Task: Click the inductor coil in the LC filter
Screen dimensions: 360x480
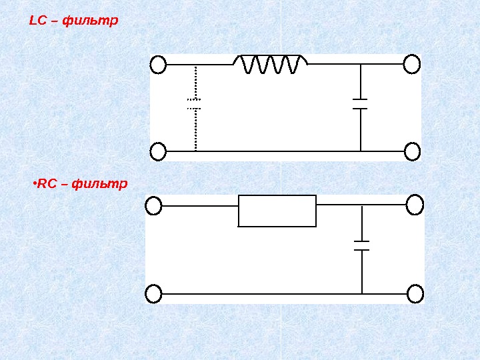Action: tap(270, 64)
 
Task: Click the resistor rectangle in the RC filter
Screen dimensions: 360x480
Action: tap(277, 211)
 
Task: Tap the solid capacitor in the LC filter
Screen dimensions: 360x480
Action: tap(360, 103)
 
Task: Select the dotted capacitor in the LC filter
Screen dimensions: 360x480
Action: tap(195, 103)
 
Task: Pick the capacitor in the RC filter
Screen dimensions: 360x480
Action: tap(361, 245)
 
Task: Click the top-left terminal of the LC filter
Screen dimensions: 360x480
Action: tap(158, 65)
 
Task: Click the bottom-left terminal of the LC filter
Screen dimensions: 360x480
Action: tap(158, 152)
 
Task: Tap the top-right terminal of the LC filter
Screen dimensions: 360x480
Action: tap(412, 65)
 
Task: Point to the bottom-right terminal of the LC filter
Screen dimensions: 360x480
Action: tap(412, 152)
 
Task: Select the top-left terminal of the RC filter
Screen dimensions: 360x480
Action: tap(154, 206)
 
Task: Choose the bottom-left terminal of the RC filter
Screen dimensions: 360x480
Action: tap(154, 293)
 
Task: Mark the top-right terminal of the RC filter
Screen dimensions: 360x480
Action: tap(415, 205)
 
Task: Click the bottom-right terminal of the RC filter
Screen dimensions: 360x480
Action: tap(415, 293)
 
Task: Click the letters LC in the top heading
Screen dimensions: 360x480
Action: tap(37, 21)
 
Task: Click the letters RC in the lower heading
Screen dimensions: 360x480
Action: tap(46, 183)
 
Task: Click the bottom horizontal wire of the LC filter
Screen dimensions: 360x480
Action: tap(280, 152)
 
